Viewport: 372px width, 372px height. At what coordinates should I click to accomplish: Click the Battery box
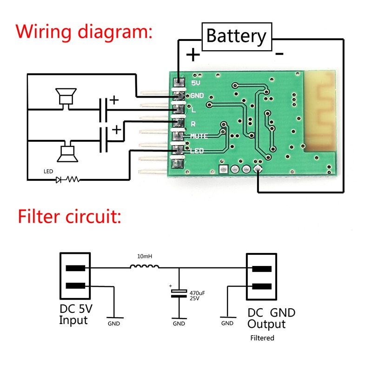(236, 35)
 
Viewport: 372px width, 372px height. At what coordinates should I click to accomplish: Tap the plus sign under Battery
(193, 55)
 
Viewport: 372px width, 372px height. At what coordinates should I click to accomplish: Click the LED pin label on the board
(197, 151)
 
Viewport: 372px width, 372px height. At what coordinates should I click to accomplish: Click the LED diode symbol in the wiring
(59, 179)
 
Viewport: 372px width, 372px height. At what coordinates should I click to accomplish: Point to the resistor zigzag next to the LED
(73, 179)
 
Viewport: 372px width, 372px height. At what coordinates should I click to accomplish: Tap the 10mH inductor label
(146, 256)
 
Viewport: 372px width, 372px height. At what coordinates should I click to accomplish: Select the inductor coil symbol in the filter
(145, 266)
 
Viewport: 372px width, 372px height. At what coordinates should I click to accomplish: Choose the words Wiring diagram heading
(84, 33)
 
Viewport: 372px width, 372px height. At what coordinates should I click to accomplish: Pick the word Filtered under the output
(262, 338)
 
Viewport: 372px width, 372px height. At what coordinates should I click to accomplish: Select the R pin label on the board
(193, 123)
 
